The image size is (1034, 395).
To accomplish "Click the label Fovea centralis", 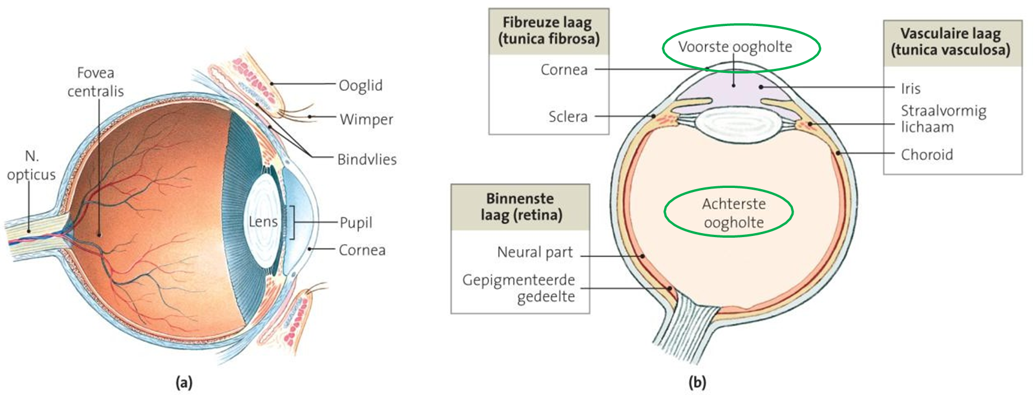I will (x=95, y=82).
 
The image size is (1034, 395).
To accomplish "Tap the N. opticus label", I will (x=31, y=165).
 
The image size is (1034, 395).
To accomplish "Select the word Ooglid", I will (x=360, y=86).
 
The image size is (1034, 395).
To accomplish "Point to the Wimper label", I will (x=366, y=119).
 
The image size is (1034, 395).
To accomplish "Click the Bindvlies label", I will (x=367, y=160).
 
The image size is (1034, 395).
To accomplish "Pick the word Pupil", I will (x=355, y=223).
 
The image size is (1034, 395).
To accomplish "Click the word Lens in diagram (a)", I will (x=263, y=222).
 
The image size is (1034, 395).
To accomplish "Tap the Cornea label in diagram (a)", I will (x=362, y=250).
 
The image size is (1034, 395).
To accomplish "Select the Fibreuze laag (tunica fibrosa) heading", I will (x=548, y=31).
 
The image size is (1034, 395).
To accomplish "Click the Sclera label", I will (x=568, y=117).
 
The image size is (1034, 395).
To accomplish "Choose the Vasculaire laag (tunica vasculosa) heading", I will (x=951, y=41).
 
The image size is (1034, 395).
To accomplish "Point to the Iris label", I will (x=910, y=88).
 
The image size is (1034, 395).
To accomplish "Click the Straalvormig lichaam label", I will (x=943, y=119).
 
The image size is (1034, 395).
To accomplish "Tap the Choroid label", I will (x=926, y=154).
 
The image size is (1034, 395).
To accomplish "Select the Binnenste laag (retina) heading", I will (x=520, y=206).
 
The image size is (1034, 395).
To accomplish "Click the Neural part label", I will (x=535, y=252).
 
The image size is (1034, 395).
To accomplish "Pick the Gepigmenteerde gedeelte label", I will (x=518, y=288).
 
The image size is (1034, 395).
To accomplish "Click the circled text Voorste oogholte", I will (x=735, y=47).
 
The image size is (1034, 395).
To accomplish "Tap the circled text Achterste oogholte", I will (x=733, y=213).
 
